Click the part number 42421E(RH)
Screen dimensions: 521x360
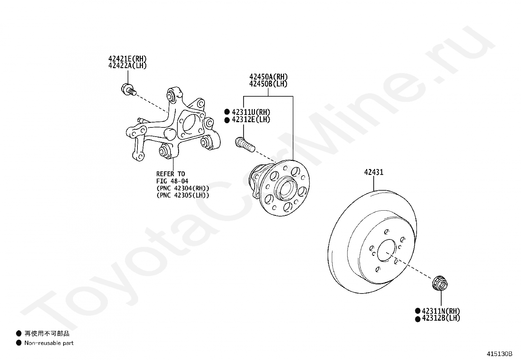click(128, 59)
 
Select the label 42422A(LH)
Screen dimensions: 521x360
click(128, 66)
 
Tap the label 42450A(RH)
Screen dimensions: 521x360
click(268, 77)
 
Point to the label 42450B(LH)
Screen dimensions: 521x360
click(268, 84)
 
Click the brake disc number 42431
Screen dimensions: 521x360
click(373, 172)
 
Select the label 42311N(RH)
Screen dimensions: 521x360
click(441, 311)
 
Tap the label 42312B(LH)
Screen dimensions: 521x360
click(441, 318)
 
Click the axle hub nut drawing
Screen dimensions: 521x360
click(440, 284)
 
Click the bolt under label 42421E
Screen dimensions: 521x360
click(129, 89)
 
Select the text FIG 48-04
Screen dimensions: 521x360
click(172, 181)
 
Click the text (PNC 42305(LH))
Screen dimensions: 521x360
click(183, 195)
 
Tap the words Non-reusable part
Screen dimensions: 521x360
click(49, 343)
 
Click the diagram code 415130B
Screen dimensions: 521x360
click(499, 354)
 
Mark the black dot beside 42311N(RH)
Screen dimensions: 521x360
click(418, 311)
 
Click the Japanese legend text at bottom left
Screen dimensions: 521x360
click(47, 334)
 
